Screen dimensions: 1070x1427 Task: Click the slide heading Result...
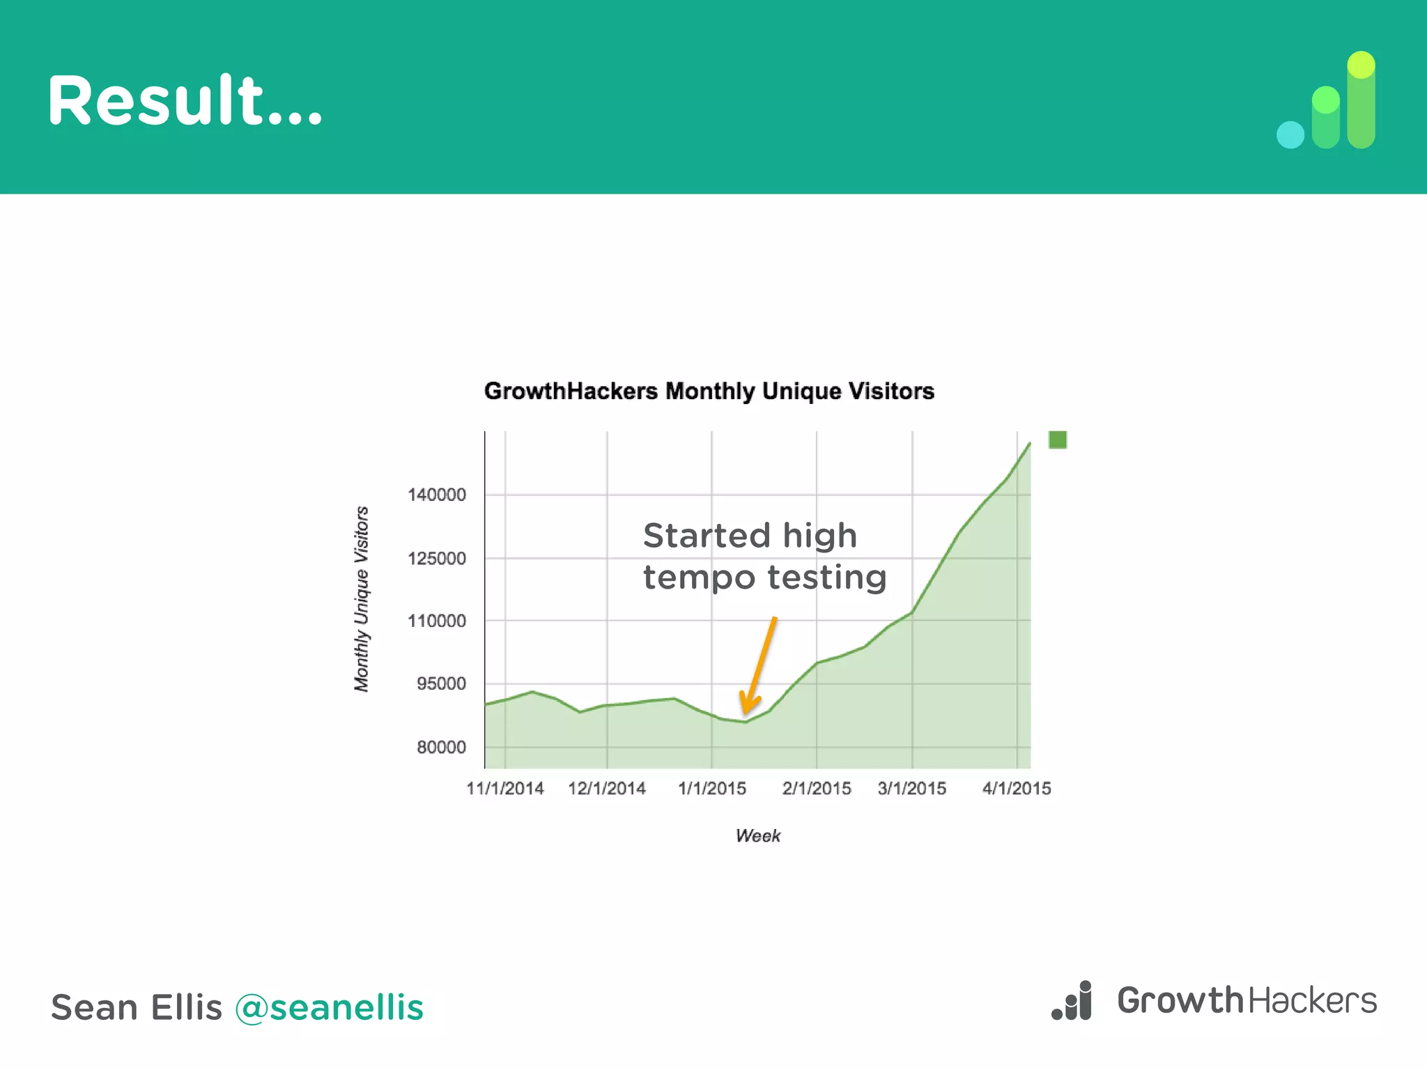point(185,101)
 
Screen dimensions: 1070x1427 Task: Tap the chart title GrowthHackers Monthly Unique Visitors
point(709,391)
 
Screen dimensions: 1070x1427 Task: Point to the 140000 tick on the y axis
point(437,495)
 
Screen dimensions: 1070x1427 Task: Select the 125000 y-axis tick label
point(437,559)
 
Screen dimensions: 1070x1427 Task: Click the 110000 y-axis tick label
point(437,621)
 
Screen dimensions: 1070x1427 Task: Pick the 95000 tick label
point(441,684)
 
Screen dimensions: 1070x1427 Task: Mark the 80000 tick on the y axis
point(441,747)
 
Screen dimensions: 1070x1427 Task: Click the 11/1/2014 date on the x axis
point(505,789)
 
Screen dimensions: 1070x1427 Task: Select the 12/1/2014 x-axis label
point(607,789)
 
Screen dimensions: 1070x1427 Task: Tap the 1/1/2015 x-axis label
point(712,789)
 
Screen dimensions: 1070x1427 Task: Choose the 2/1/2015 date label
point(817,789)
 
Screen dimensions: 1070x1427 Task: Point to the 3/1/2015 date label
point(912,789)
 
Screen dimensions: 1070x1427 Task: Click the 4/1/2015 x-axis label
point(1017,789)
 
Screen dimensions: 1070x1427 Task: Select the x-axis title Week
point(758,836)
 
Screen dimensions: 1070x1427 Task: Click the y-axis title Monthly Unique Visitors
point(362,599)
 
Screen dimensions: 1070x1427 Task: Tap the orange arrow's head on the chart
point(747,707)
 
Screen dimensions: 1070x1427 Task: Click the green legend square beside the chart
point(1058,440)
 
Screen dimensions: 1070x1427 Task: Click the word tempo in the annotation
point(699,578)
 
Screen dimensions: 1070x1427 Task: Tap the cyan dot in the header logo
point(1290,135)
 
